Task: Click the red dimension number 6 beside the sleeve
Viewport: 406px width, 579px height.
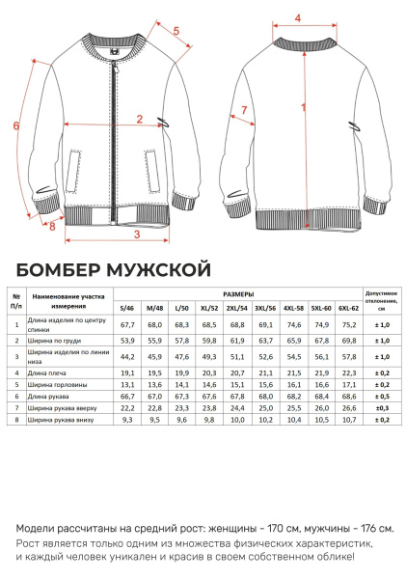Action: click(15, 125)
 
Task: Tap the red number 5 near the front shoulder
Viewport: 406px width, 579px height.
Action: click(177, 31)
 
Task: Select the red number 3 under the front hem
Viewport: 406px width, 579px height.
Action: click(137, 234)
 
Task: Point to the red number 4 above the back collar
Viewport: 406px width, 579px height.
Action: click(297, 17)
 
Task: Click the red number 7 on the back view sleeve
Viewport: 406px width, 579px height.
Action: click(244, 111)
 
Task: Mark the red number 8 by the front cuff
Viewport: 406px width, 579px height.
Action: click(52, 227)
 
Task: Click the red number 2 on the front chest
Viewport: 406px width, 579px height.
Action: click(140, 120)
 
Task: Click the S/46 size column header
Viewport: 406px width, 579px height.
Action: click(126, 308)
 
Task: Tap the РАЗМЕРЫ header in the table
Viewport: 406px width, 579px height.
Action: click(238, 293)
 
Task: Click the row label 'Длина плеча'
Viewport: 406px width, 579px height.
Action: click(48, 372)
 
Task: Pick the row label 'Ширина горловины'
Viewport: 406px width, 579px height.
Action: click(57, 383)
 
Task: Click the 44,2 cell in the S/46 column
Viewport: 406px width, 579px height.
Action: click(126, 356)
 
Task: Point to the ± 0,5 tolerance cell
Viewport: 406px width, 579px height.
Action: click(381, 396)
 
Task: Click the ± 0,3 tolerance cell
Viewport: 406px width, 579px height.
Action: click(381, 407)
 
